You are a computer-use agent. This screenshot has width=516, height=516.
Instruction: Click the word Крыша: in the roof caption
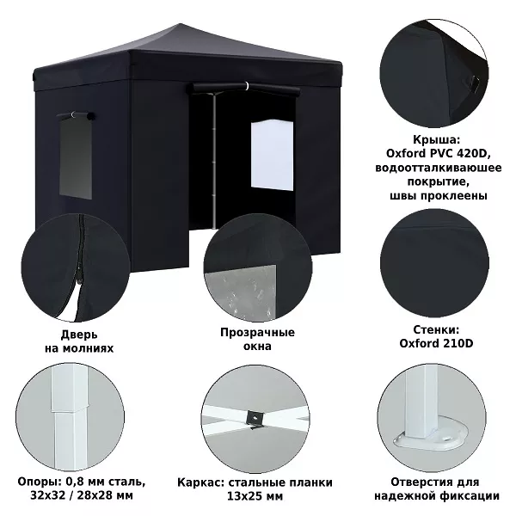(x=436, y=140)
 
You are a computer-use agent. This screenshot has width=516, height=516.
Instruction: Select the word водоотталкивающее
(x=439, y=168)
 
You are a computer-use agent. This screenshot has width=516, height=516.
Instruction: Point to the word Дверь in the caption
(x=79, y=335)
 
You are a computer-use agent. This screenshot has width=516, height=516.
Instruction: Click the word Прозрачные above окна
(x=257, y=332)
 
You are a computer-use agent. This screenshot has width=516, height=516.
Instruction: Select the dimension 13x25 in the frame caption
(x=242, y=496)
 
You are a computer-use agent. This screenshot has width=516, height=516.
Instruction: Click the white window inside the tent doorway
(x=272, y=155)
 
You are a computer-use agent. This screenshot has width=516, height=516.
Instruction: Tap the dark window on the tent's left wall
(x=76, y=158)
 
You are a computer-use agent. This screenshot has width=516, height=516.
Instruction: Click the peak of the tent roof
(x=180, y=24)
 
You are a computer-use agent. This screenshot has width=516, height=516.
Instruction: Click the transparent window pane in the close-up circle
(x=240, y=292)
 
